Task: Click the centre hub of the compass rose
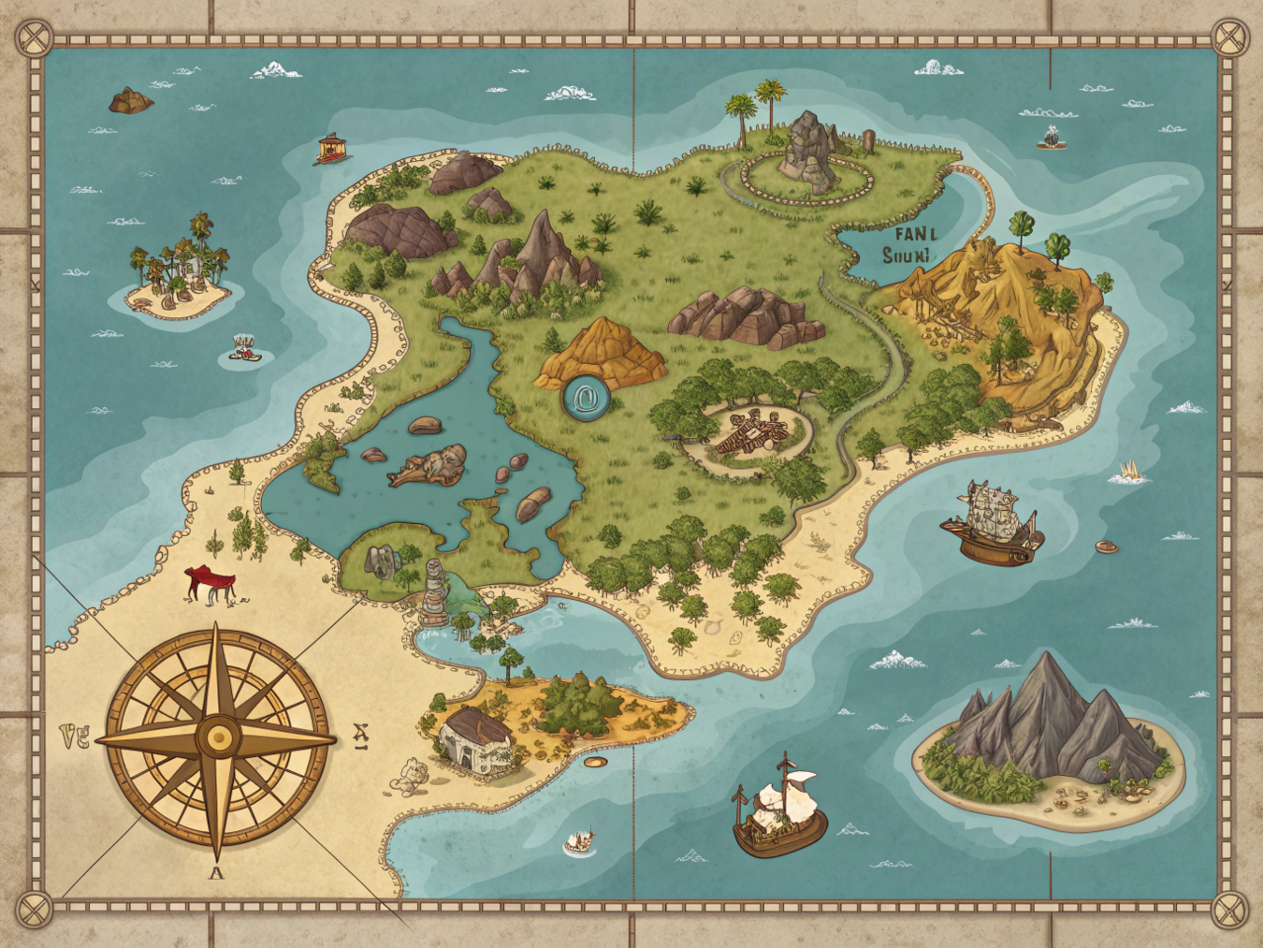(219, 737)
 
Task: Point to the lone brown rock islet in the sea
(130, 100)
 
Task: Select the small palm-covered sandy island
(178, 276)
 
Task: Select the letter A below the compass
(216, 873)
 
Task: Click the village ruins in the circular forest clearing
(748, 433)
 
